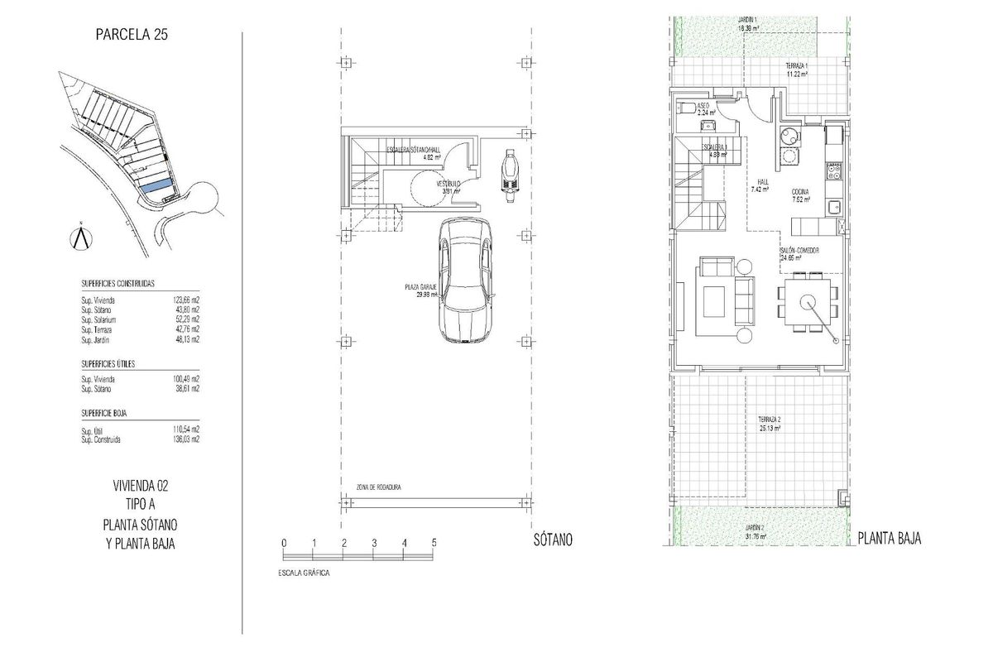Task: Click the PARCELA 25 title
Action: (132, 34)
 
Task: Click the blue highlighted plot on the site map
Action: (157, 187)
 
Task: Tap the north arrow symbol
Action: (80, 236)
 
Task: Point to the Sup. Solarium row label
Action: (98, 319)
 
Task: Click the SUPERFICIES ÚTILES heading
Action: (108, 363)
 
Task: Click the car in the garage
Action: (465, 281)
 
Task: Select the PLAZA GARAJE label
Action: (420, 286)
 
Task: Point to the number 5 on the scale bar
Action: (434, 542)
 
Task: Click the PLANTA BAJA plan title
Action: (890, 539)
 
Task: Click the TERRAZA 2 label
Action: (770, 420)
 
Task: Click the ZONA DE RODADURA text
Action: (378, 487)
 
